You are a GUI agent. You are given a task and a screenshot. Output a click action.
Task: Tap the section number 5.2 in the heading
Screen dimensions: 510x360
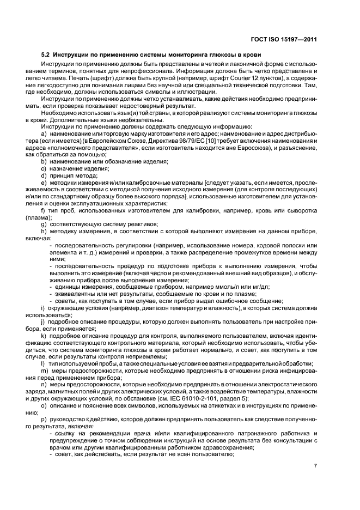[47, 54]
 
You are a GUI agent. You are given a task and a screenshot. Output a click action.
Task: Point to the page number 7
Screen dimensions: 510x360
[315, 466]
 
